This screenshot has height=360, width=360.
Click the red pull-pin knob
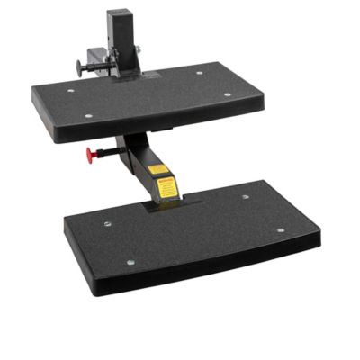92,154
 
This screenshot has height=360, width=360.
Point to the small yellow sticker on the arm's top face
157,168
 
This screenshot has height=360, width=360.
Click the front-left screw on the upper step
87,115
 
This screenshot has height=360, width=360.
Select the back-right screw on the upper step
200,73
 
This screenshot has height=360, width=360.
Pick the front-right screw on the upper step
228,94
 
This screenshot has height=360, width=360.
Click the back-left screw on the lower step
107,224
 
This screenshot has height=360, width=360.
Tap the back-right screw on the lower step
245,196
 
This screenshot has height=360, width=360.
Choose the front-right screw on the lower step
280,230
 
